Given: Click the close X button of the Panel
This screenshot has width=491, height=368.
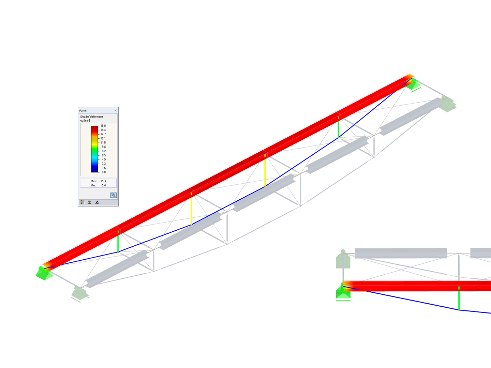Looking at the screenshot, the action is pos(116,110).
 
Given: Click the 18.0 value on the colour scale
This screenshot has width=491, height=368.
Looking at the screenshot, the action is pos(103,126).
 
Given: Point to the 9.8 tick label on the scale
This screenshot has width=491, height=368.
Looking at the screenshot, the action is pos(104,147).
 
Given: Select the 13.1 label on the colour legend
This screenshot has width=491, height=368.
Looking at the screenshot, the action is pos(103,138).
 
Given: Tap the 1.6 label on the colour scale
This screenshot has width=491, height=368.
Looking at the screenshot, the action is pos(104,168).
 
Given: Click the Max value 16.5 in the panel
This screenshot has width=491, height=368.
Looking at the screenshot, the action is pos(103,181).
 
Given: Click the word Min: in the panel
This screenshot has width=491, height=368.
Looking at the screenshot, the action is pos(93,185).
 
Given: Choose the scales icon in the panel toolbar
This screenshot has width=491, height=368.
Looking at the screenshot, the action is pos(89,202).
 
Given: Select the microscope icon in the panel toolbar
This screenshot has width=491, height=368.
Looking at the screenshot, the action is pos(97,202).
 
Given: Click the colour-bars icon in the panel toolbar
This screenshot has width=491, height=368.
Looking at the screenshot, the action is pos(82,202).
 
